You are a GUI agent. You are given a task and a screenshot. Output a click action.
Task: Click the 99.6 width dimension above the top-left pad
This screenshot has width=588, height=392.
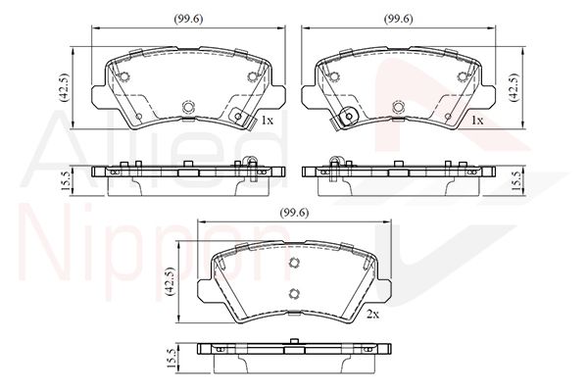pyautogui.click(x=188, y=19)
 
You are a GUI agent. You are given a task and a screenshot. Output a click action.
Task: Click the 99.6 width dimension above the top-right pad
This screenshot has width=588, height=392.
pyautogui.click(x=398, y=19)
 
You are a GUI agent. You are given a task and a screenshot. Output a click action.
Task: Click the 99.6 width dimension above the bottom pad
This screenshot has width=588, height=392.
pyautogui.click(x=294, y=213)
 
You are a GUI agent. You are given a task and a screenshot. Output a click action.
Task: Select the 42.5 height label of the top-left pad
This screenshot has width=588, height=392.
pyautogui.click(x=64, y=87)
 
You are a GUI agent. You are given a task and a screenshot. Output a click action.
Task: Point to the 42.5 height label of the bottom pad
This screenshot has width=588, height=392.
pyautogui.click(x=170, y=281)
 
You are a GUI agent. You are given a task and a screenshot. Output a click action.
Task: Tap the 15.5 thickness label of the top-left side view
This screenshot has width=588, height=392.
pyautogui.click(x=65, y=181)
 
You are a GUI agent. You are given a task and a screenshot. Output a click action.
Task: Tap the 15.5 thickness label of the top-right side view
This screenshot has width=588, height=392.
pyautogui.click(x=516, y=181)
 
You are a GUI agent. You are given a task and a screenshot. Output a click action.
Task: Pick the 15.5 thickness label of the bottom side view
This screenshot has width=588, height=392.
pyautogui.click(x=171, y=359)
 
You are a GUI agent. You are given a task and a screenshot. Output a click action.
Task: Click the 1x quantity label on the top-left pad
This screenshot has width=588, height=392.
pyautogui.click(x=268, y=121)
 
